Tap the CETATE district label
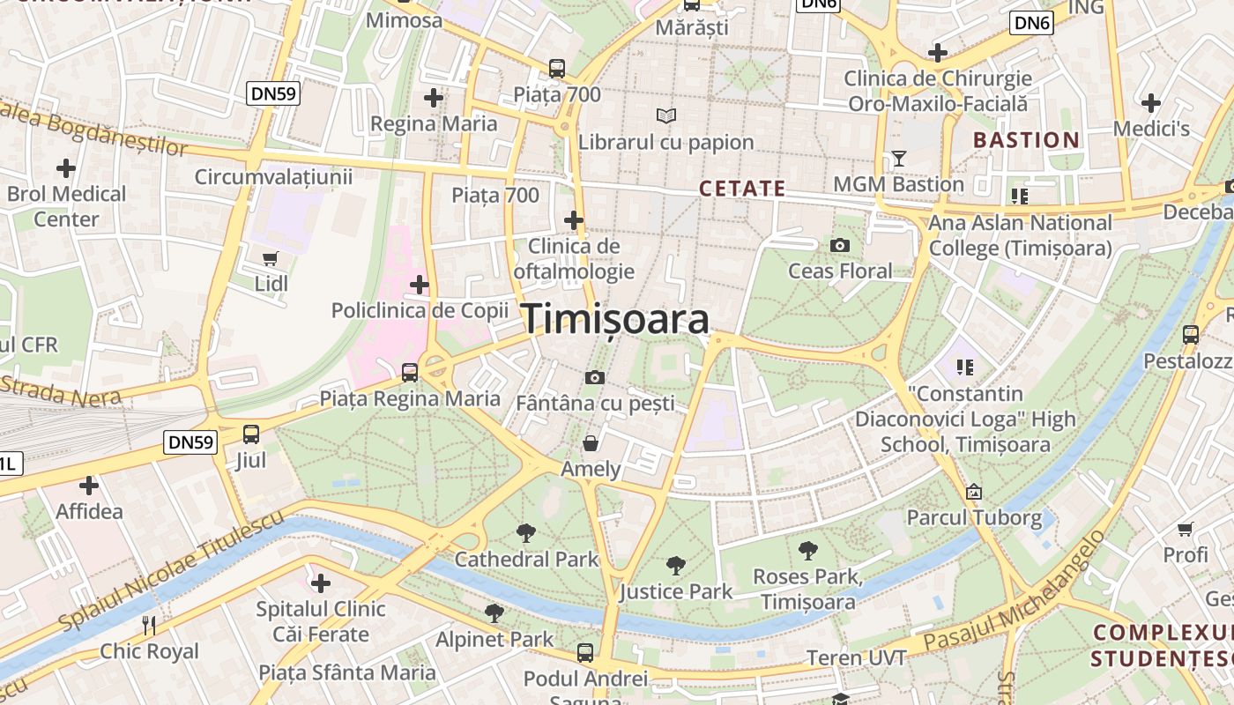point(742,189)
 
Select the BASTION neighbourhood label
point(1026,140)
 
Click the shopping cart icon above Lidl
point(271,259)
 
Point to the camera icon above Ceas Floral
point(840,245)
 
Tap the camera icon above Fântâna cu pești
point(595,378)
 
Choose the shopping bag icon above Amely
point(591,442)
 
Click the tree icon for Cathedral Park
point(526,532)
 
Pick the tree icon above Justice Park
point(676,565)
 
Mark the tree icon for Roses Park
point(807,551)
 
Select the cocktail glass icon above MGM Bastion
point(898,159)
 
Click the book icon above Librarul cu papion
point(666,115)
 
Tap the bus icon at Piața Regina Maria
point(410,372)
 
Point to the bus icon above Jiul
point(251,434)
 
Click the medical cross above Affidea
point(89,485)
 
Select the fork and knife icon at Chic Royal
point(149,626)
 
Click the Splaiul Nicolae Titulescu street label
point(172,571)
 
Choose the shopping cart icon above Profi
point(1186,529)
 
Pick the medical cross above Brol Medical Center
point(66,167)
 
